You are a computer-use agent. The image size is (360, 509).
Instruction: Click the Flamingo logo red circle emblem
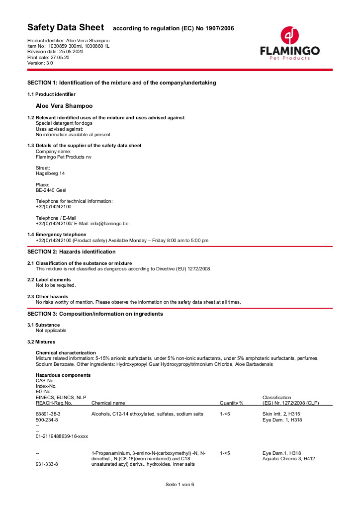(x=290, y=36)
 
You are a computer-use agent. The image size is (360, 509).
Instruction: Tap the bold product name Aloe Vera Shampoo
(x=64, y=106)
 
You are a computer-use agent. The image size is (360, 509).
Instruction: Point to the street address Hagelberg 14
(x=50, y=173)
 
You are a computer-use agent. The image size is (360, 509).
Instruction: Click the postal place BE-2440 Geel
(x=51, y=190)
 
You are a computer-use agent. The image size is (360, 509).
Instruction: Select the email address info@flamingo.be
(x=109, y=224)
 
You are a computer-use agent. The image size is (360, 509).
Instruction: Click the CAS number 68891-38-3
(x=48, y=414)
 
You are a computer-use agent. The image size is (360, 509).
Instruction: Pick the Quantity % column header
(x=231, y=403)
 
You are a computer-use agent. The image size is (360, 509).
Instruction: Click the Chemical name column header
(x=108, y=403)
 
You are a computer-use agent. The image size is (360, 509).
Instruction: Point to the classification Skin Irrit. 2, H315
(x=281, y=414)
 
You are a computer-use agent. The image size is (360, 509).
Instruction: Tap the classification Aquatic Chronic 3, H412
(x=288, y=459)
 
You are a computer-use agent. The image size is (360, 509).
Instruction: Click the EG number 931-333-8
(x=47, y=464)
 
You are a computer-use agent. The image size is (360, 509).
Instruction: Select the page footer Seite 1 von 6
(x=180, y=485)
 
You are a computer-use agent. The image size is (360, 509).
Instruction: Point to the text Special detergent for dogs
(x=64, y=123)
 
